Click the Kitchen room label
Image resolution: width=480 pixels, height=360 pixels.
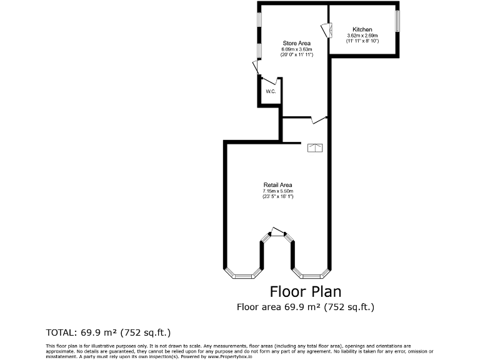pyautogui.click(x=362, y=29)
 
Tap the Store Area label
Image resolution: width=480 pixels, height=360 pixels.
pyautogui.click(x=296, y=43)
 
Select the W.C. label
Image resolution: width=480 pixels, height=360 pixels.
pyautogui.click(x=271, y=92)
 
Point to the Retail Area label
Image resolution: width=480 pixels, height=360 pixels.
pyautogui.click(x=277, y=185)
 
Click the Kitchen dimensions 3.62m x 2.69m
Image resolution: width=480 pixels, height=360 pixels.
pyautogui.click(x=362, y=36)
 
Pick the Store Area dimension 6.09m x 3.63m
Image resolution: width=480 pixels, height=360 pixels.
pyautogui.click(x=296, y=49)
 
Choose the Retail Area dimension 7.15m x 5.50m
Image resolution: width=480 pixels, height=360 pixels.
pyautogui.click(x=277, y=191)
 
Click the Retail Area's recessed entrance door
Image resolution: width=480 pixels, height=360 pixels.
pyautogui.click(x=276, y=232)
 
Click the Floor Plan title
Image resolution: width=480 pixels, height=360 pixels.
pyautogui.click(x=305, y=291)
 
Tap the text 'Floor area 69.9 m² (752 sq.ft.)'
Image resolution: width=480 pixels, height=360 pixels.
pyautogui.click(x=305, y=307)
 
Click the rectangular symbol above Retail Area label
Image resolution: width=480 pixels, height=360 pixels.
pyautogui.click(x=315, y=148)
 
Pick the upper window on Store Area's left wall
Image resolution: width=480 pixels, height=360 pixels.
pyautogui.click(x=259, y=19)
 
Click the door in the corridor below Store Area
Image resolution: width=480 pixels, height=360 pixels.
pyautogui.click(x=319, y=119)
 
